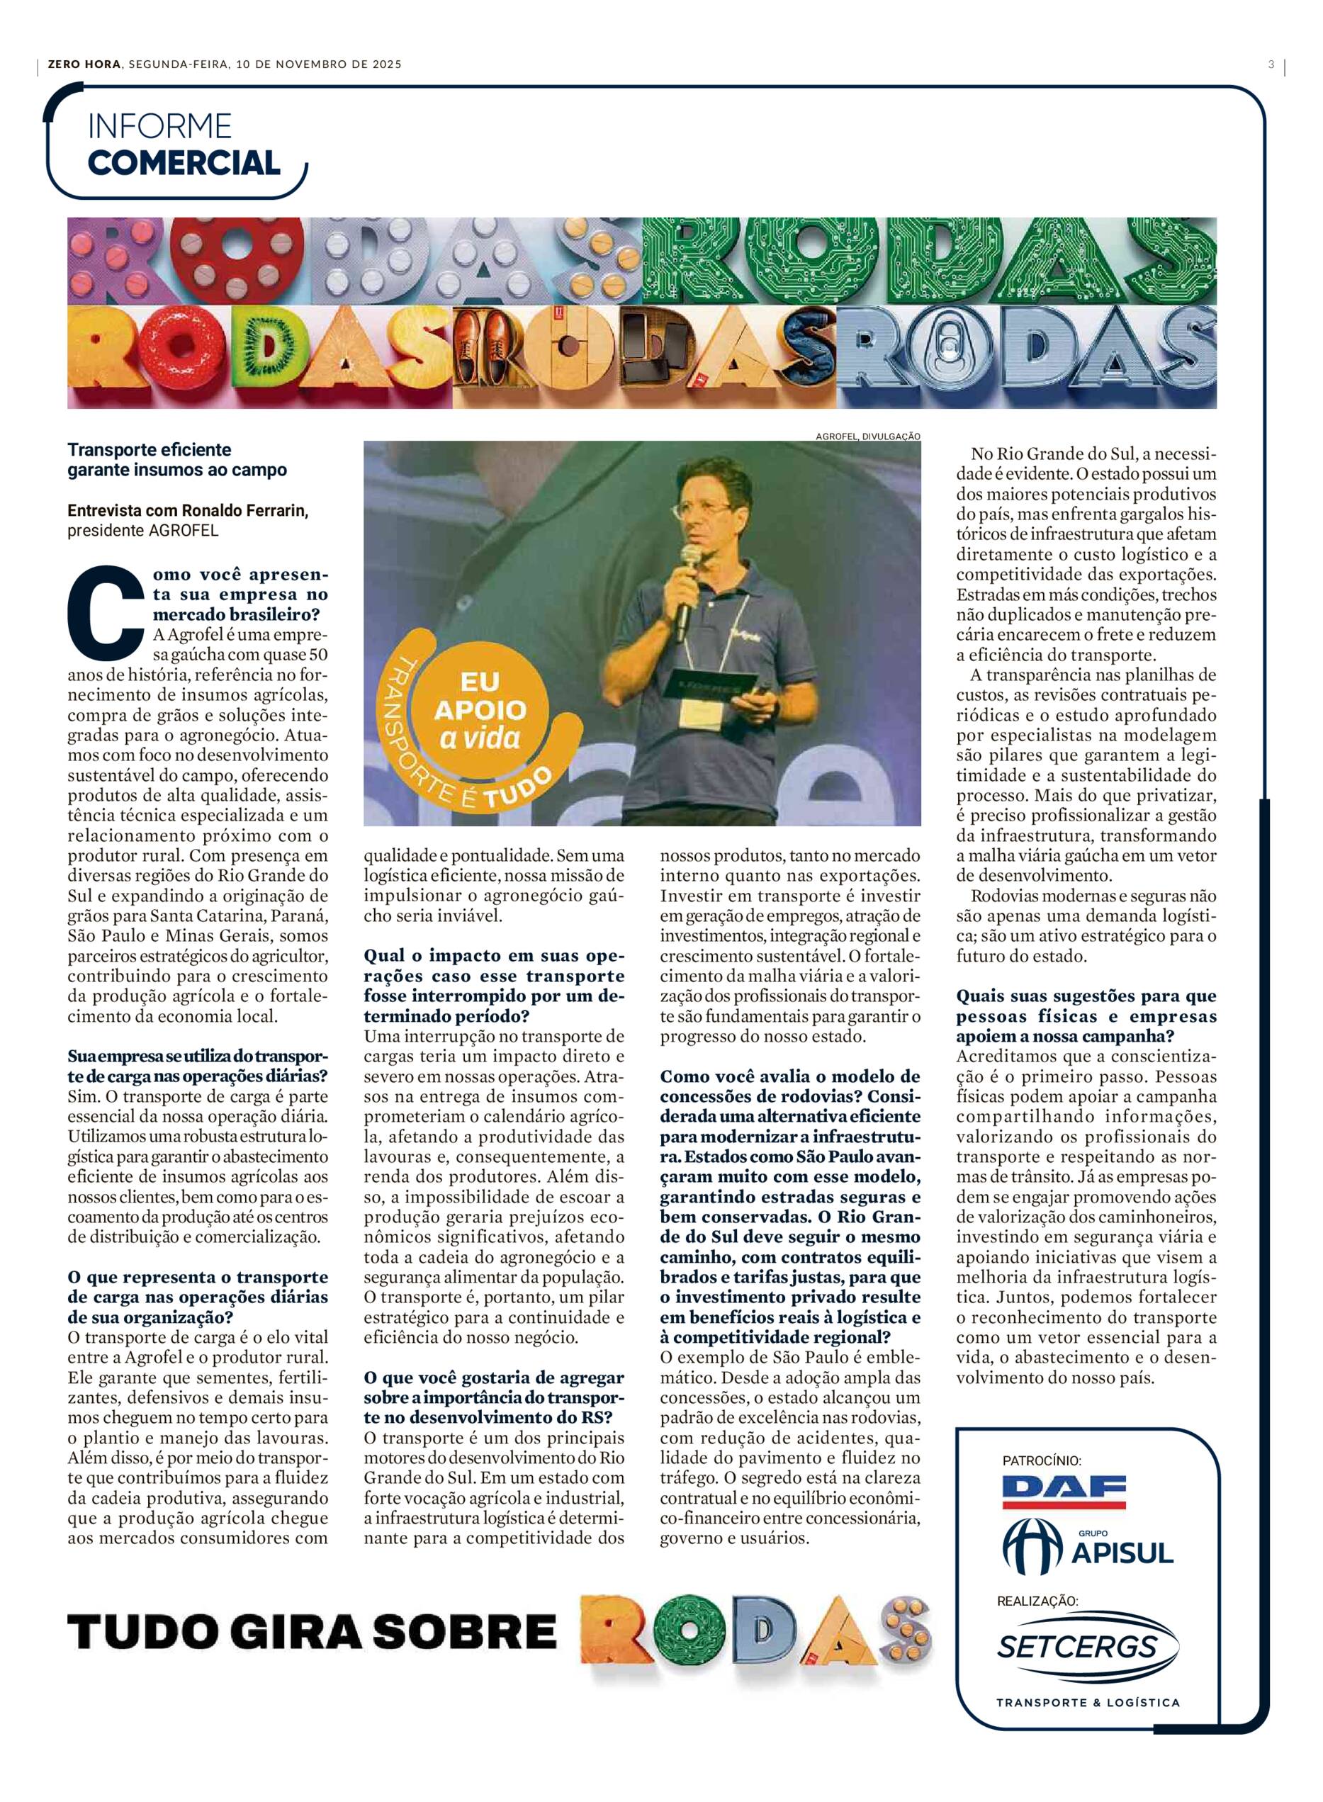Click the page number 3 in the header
point(1271,64)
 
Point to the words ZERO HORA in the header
point(84,64)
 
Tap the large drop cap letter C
point(106,609)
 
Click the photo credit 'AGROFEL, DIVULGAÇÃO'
point(868,437)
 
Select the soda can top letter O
point(956,356)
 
